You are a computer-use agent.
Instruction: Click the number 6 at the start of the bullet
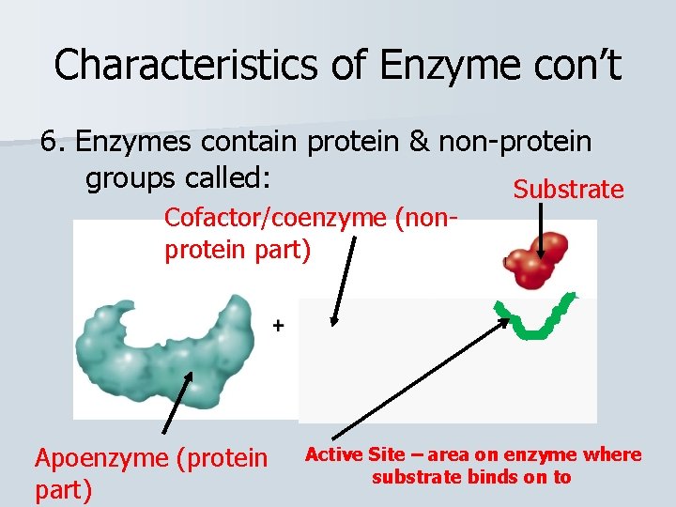tap(50, 142)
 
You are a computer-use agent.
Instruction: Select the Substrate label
tap(568, 190)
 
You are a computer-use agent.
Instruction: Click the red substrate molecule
tap(537, 260)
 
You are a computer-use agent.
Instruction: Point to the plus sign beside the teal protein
tap(278, 325)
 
